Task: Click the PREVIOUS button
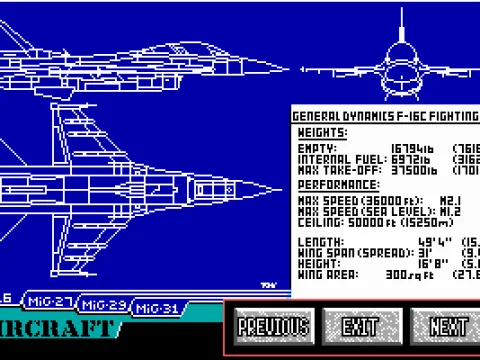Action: [274, 326]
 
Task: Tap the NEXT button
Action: [447, 326]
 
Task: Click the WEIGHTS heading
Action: [322, 133]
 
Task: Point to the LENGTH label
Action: [318, 242]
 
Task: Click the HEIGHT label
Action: [318, 262]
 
